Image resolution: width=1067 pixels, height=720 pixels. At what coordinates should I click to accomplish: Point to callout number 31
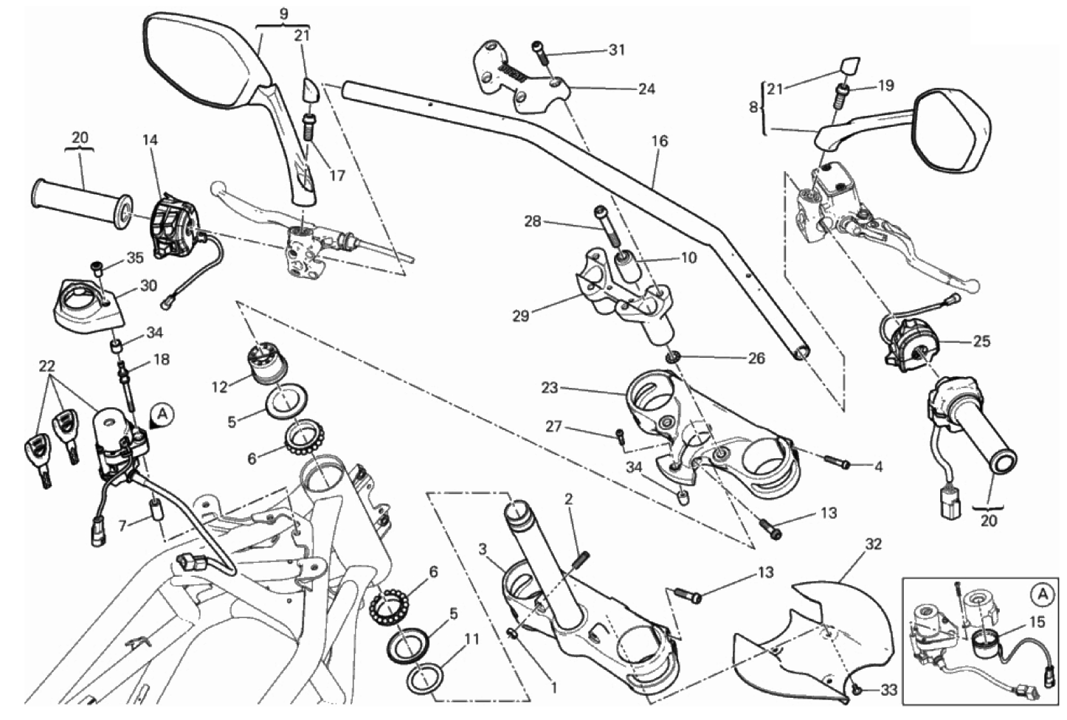(616, 50)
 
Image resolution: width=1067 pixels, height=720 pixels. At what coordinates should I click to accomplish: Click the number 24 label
(646, 89)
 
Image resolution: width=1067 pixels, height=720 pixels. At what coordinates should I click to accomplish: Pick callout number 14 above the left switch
(151, 140)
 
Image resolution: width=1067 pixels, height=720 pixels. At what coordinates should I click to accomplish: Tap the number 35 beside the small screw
(134, 258)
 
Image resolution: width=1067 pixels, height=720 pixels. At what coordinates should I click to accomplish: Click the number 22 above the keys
(47, 366)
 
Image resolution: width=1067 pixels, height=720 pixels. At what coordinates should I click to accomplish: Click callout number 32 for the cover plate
(873, 544)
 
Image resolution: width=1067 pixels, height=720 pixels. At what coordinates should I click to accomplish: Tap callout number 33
(889, 691)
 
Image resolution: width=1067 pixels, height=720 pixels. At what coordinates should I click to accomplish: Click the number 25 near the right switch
(981, 342)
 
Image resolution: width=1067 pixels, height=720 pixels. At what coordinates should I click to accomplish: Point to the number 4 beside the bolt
(878, 466)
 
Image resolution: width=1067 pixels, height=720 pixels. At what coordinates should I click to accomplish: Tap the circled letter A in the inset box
(1042, 592)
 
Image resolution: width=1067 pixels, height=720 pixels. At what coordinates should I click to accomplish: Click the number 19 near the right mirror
(885, 86)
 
